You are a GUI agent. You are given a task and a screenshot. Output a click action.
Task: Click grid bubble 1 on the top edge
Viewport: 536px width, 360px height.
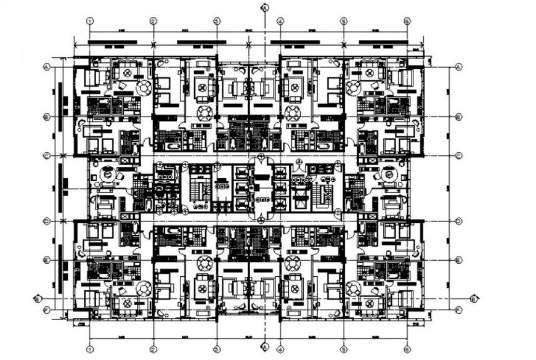90,21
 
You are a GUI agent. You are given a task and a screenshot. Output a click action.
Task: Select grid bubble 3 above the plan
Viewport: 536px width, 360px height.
217,21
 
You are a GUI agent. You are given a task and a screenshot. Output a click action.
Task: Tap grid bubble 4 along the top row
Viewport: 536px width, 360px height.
280,21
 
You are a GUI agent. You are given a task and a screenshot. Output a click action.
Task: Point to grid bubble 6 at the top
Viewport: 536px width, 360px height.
407,21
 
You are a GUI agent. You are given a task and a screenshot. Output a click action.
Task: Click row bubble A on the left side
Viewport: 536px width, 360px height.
46,67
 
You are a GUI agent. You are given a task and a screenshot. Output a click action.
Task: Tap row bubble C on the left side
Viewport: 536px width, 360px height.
46,157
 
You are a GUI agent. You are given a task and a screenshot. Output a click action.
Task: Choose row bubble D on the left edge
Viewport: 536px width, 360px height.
46,221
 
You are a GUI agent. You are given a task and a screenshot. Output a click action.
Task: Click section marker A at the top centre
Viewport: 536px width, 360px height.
264,8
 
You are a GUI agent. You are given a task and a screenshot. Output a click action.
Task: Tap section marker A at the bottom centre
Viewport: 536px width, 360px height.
264,346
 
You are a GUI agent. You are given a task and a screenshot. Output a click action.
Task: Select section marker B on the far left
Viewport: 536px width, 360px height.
37,299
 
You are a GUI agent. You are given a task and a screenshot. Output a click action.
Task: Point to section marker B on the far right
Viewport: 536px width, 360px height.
473,299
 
